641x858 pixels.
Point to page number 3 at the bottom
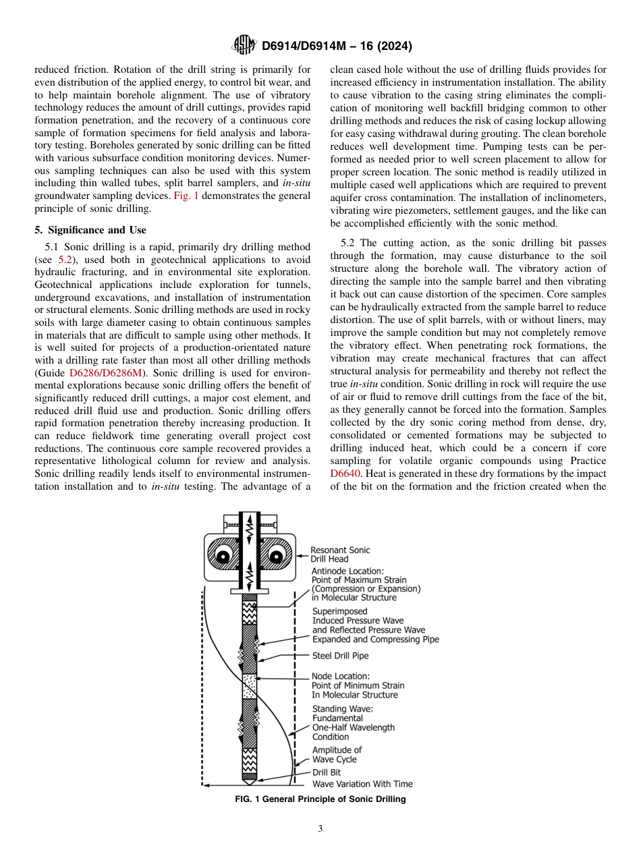(320, 828)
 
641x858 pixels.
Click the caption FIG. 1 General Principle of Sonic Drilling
(320, 799)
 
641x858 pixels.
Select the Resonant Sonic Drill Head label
(340, 554)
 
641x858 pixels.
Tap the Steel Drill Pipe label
(340, 656)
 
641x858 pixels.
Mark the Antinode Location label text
(365, 584)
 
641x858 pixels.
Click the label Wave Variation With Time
(362, 784)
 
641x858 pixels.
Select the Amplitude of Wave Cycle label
(336, 755)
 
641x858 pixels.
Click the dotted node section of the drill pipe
(250, 687)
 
